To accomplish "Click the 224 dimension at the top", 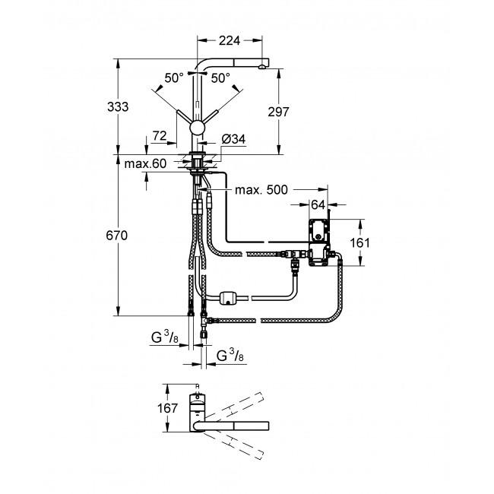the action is (x=229, y=40).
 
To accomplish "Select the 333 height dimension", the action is (x=118, y=107).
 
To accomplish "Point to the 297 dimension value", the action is (x=278, y=112).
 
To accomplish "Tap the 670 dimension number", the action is (x=117, y=236).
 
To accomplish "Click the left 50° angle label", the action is (x=173, y=78).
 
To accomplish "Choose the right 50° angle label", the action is (x=220, y=78).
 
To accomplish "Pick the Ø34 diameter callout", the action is (x=233, y=139).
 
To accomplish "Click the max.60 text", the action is (x=145, y=164).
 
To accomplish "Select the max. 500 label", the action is (x=261, y=190).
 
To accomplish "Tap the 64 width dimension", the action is (x=318, y=205).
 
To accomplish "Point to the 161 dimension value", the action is (x=359, y=243).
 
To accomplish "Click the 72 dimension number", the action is (x=160, y=136).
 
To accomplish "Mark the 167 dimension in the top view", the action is (x=167, y=408).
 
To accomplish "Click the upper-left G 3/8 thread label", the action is (x=165, y=337).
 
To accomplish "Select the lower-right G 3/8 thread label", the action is (x=230, y=356).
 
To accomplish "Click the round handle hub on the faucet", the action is (x=198, y=128).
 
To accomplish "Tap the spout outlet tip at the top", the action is (x=262, y=67).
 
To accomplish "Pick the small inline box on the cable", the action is (x=229, y=298).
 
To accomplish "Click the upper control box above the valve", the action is (x=319, y=231).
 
